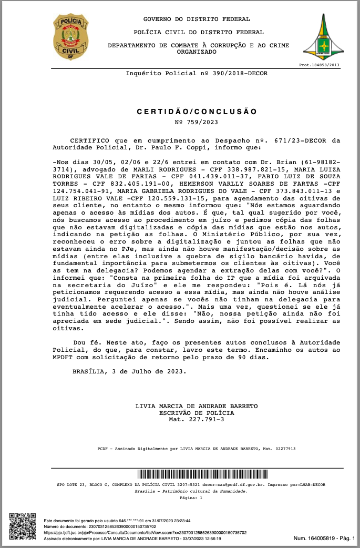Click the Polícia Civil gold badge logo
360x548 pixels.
click(70, 36)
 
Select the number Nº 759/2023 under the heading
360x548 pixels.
click(196, 122)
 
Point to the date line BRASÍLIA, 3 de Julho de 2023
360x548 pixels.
click(129, 371)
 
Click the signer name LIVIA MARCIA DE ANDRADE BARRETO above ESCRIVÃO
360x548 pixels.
click(197, 407)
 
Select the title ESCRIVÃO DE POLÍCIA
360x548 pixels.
click(197, 413)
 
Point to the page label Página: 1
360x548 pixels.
click(191, 497)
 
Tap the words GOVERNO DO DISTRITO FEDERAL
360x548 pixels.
click(197, 19)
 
